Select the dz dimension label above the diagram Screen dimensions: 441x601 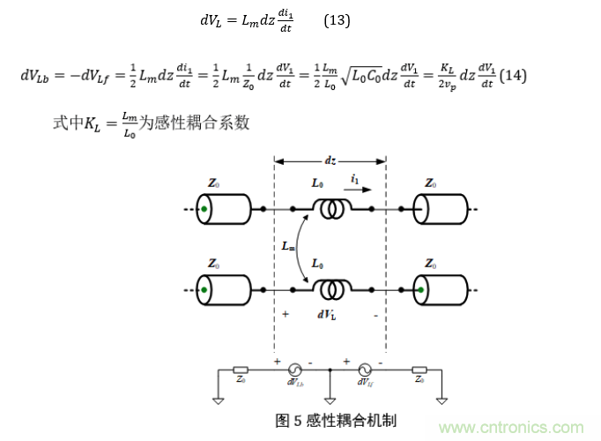coord(330,161)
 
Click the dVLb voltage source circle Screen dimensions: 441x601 coord(294,370)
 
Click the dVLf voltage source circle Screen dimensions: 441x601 coord(362,370)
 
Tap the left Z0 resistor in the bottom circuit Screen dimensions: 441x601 coord(240,370)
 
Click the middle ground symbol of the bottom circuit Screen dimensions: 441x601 coord(329,399)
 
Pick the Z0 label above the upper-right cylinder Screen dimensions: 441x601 coord(429,183)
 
